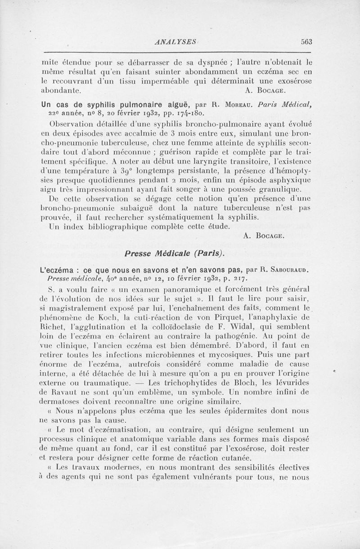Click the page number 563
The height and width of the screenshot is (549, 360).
(307, 42)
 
